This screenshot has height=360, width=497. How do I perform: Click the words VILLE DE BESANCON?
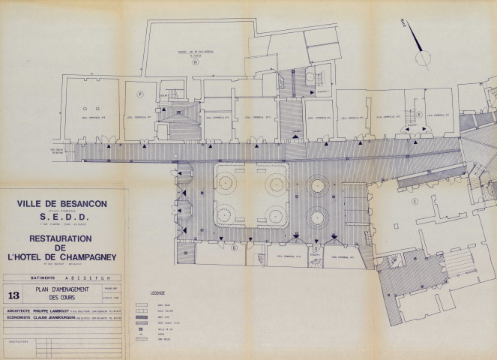[62, 203]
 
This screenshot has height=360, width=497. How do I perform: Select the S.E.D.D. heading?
[62, 216]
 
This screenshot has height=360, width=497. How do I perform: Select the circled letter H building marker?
[195, 62]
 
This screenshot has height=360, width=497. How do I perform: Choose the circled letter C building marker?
[413, 201]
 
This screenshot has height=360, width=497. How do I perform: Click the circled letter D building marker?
[316, 247]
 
